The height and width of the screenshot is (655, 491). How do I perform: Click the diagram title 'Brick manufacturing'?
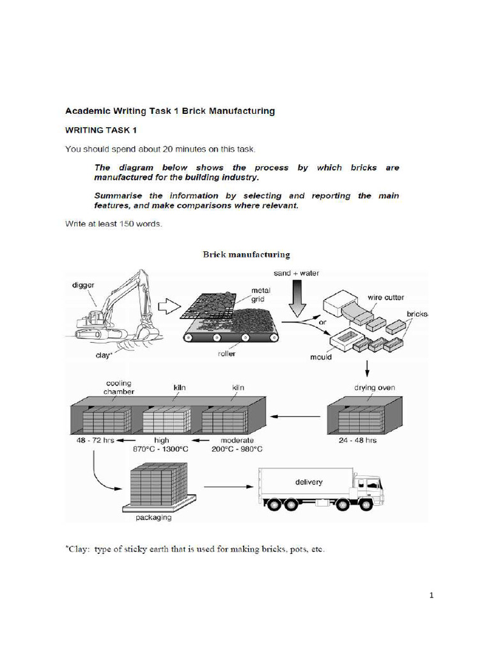click(x=246, y=255)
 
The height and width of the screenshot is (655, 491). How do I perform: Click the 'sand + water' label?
click(x=296, y=273)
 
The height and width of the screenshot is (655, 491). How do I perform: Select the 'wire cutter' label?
click(x=386, y=297)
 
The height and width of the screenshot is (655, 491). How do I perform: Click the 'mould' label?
click(x=322, y=357)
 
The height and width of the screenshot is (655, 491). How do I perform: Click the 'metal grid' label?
click(x=260, y=294)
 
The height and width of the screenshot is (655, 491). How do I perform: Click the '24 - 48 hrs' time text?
click(x=359, y=441)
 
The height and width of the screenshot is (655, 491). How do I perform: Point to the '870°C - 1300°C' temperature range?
click(x=162, y=450)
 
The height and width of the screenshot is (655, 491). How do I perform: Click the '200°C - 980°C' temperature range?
click(x=237, y=450)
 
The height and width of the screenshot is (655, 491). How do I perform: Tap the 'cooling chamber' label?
click(x=119, y=388)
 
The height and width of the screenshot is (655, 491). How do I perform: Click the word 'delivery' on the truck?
click(x=309, y=482)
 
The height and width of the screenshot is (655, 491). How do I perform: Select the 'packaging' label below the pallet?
click(x=153, y=517)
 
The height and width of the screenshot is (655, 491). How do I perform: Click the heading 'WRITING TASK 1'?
click(x=101, y=130)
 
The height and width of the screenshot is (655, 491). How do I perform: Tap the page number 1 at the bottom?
click(x=432, y=596)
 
